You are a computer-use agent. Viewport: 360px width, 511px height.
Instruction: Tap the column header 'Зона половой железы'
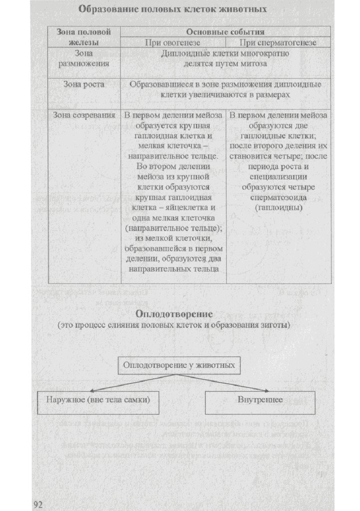(84, 37)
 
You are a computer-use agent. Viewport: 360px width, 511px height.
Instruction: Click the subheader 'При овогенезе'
(172, 42)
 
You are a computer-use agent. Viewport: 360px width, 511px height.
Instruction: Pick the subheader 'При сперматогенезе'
(278, 42)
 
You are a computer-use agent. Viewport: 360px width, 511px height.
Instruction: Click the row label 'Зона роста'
(84, 85)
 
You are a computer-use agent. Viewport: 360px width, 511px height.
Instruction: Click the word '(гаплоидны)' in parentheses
(278, 207)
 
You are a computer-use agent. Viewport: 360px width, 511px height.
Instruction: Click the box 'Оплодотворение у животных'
(179, 365)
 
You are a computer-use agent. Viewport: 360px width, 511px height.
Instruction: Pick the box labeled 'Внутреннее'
(260, 400)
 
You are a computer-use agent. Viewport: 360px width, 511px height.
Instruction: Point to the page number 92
(39, 504)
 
